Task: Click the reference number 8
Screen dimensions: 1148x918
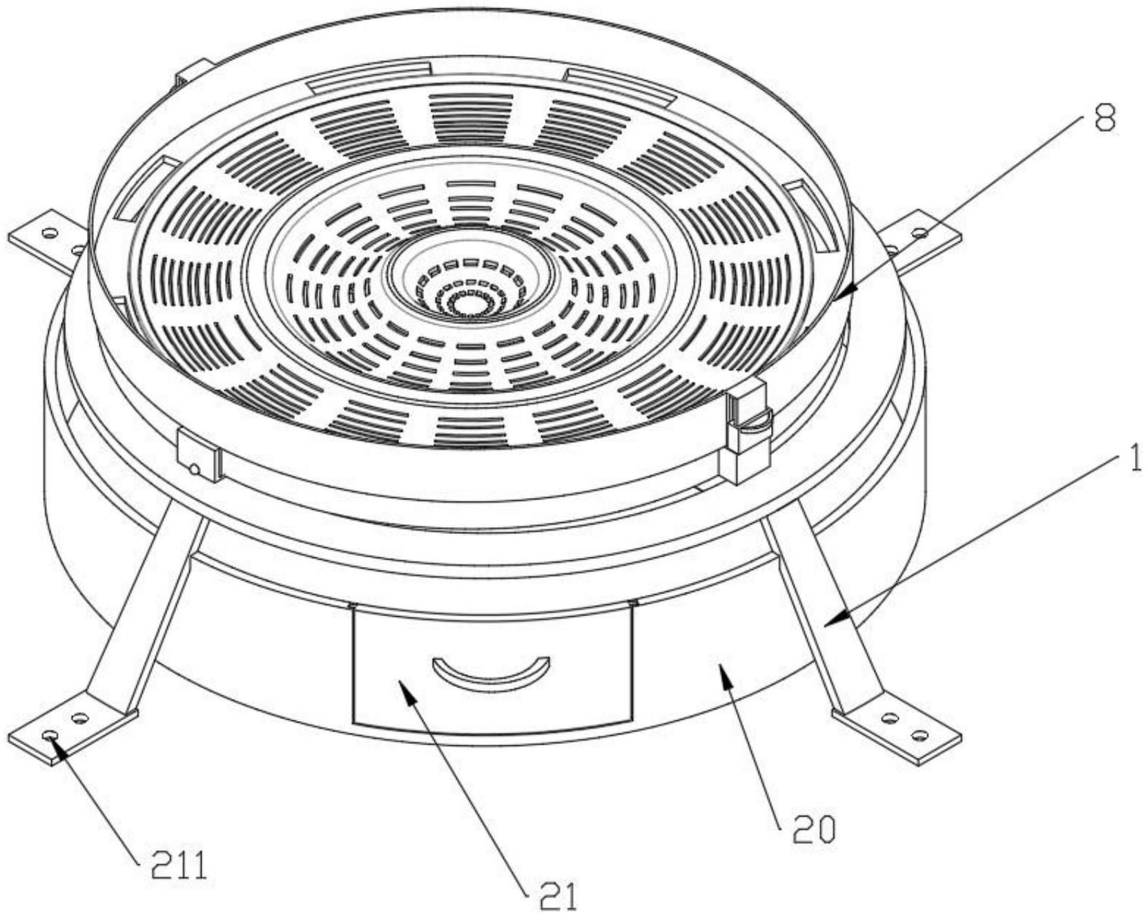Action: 1103,119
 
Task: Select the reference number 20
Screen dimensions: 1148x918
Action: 813,830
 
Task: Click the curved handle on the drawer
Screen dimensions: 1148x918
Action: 491,671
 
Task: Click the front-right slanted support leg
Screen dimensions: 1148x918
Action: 821,608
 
